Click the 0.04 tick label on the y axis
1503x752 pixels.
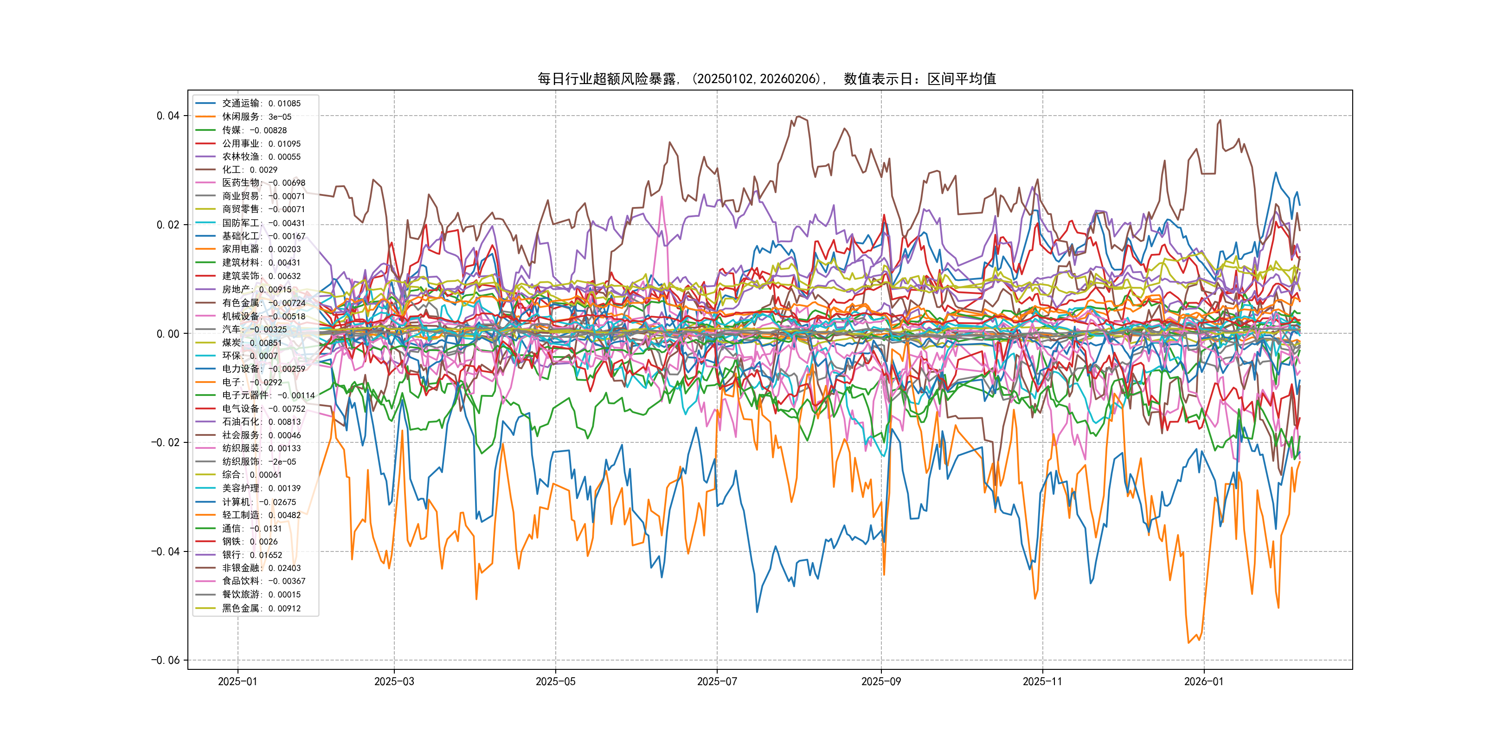(167, 116)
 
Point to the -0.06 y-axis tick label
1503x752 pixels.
(165, 661)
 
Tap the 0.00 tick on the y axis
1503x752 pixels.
(167, 334)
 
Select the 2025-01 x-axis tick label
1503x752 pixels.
(237, 682)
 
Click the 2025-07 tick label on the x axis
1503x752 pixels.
(717, 682)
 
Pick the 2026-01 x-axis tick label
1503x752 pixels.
(1203, 682)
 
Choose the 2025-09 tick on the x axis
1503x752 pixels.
(880, 682)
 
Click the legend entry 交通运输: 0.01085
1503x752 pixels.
(261, 104)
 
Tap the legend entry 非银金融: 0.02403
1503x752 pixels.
(261, 568)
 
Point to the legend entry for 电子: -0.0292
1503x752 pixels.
(251, 382)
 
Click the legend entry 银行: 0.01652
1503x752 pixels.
(251, 555)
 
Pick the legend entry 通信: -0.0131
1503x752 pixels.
(251, 528)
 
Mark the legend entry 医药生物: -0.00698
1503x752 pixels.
(263, 183)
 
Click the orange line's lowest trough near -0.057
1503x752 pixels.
(1188, 643)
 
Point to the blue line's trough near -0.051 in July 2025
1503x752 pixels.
(758, 612)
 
